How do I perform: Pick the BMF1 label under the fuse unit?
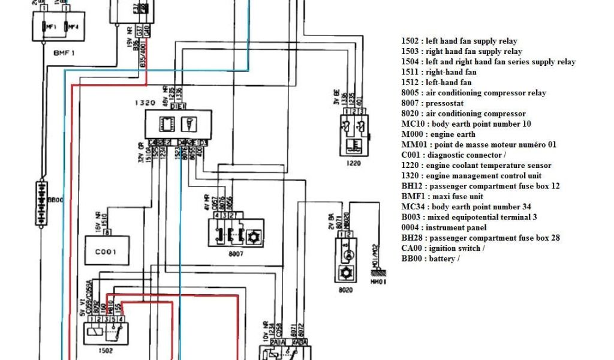pos(63,53)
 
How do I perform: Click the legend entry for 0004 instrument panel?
pos(444,227)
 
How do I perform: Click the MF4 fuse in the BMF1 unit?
pos(71,27)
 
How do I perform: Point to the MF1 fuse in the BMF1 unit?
pos(49,27)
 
